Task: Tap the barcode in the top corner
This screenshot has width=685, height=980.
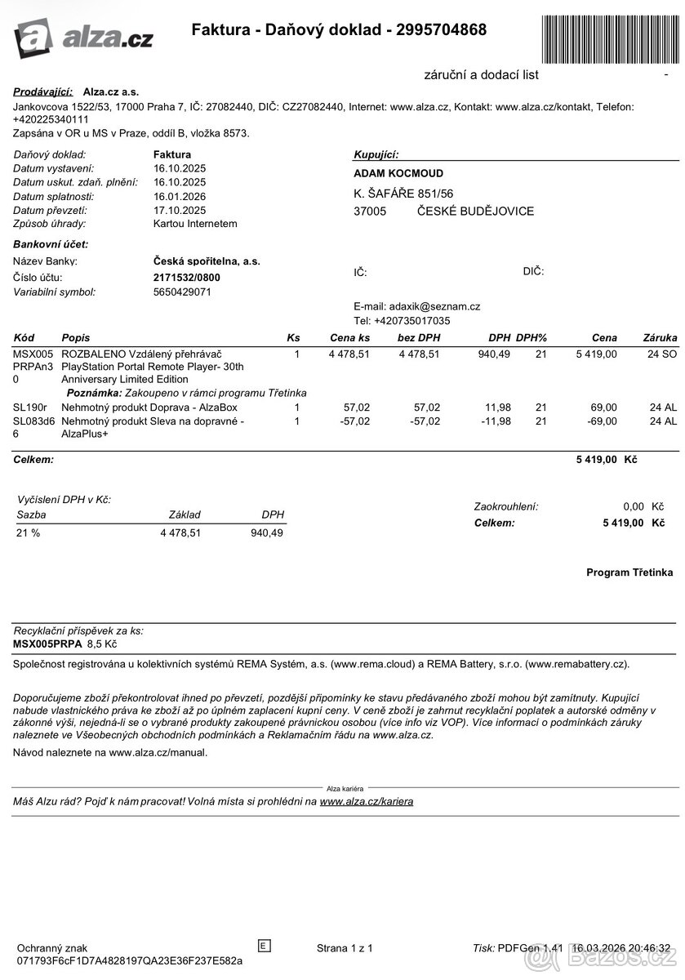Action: (x=609, y=33)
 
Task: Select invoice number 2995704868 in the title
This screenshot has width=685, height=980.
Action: (x=441, y=30)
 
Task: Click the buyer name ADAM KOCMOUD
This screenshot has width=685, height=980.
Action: (x=398, y=174)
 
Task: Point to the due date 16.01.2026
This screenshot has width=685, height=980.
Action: (x=180, y=197)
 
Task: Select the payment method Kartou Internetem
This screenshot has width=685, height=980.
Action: (x=195, y=223)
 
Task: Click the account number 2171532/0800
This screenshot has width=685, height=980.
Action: (x=187, y=278)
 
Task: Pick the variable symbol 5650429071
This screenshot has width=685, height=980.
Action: (x=182, y=292)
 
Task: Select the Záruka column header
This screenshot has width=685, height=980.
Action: (x=660, y=337)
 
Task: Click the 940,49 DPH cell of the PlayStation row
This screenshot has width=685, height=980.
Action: (x=494, y=354)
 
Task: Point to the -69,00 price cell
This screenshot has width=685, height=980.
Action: (x=600, y=421)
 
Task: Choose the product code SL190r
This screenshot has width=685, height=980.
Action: (x=30, y=407)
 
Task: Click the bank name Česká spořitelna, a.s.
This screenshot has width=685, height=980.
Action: (x=207, y=261)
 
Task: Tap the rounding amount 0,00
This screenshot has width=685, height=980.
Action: (x=633, y=506)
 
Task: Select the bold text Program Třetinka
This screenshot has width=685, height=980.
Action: (x=629, y=572)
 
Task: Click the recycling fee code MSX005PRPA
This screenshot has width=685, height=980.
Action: (x=48, y=644)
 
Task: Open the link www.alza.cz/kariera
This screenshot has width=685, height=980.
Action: (x=367, y=801)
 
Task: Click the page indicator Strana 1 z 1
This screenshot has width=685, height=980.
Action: (x=345, y=948)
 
